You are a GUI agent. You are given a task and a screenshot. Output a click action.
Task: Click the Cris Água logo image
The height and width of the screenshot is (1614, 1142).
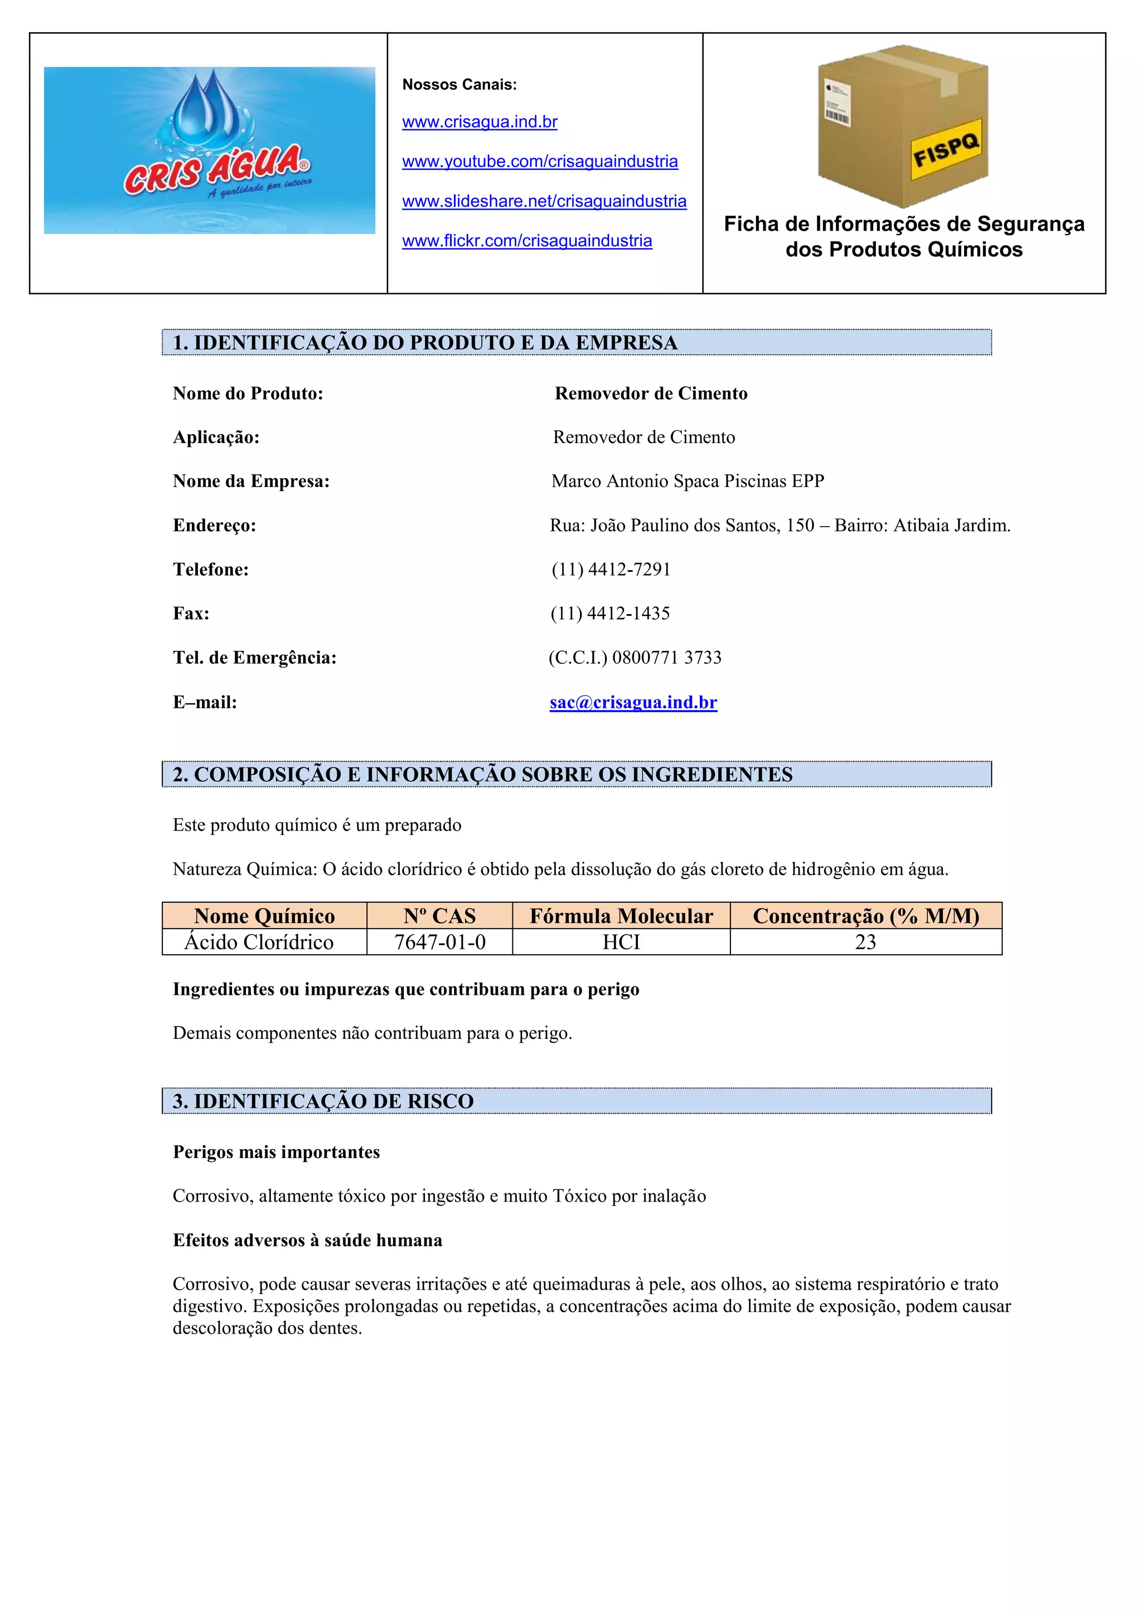click(209, 150)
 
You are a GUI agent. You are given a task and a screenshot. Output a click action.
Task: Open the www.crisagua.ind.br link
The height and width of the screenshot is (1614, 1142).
click(480, 122)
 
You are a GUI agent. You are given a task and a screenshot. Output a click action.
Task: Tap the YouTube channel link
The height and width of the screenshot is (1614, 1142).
click(539, 162)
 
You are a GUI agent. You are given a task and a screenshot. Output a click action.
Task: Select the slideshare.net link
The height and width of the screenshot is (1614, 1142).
click(544, 202)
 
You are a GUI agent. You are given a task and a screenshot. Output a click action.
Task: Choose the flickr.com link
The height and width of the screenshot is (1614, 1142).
click(527, 241)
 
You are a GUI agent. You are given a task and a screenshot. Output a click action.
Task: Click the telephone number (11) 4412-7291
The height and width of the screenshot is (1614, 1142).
click(611, 570)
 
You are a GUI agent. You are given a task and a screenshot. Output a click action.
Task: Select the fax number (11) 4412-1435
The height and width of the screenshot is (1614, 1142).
click(609, 614)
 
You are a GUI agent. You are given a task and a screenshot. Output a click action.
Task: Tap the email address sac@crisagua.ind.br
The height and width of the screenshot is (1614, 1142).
click(633, 702)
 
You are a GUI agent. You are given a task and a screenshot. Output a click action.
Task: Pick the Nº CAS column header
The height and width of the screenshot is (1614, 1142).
click(439, 916)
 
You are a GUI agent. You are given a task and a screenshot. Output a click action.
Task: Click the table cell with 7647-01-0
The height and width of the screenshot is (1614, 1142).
click(439, 942)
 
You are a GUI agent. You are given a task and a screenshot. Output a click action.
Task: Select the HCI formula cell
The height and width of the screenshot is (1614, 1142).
click(621, 942)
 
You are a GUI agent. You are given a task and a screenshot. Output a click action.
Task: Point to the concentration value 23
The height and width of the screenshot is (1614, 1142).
click(865, 942)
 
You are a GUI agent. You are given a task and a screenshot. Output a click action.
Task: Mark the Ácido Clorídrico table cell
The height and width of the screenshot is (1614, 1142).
click(259, 942)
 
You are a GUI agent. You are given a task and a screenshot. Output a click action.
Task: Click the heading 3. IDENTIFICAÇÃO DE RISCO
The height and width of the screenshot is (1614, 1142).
click(323, 1101)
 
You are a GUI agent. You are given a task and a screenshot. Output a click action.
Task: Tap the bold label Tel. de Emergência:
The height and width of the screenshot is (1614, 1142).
click(255, 658)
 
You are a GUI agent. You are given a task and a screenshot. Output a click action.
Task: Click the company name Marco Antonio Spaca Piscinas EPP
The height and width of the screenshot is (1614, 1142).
click(687, 482)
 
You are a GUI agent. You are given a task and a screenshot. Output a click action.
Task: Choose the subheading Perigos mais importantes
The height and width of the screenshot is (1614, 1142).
click(277, 1152)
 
